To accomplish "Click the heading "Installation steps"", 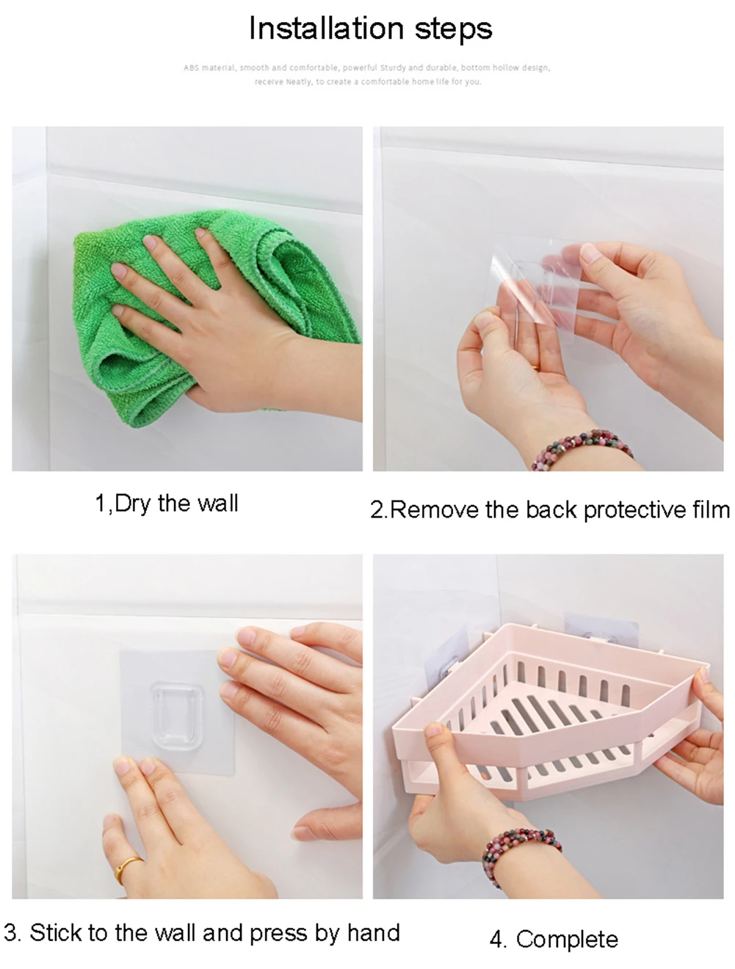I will (x=370, y=29).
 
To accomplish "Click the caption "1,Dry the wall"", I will (x=167, y=504).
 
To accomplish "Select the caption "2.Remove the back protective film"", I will (x=550, y=509).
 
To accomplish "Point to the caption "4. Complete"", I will (x=554, y=939).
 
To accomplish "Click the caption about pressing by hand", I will (x=202, y=932).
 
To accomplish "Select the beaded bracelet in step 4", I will (x=520, y=843).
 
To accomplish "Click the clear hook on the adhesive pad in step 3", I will (x=177, y=716).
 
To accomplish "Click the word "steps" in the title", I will (x=453, y=29).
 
